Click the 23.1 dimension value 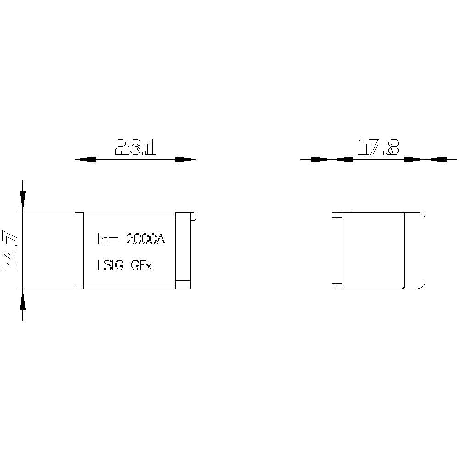click(135, 148)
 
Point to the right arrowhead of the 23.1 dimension click(185, 159)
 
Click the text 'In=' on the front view click(108, 239)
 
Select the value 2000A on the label click(145, 239)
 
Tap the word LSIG click(111, 265)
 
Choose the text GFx click(142, 265)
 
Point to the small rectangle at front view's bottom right click(184, 284)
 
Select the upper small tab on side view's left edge click(336, 214)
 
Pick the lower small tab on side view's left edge click(336, 286)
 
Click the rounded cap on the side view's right click(415, 250)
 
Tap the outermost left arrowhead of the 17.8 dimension click(320, 159)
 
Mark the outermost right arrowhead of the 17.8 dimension click(437, 159)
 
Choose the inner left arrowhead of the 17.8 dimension click(342, 159)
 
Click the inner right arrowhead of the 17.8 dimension click(414, 159)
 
